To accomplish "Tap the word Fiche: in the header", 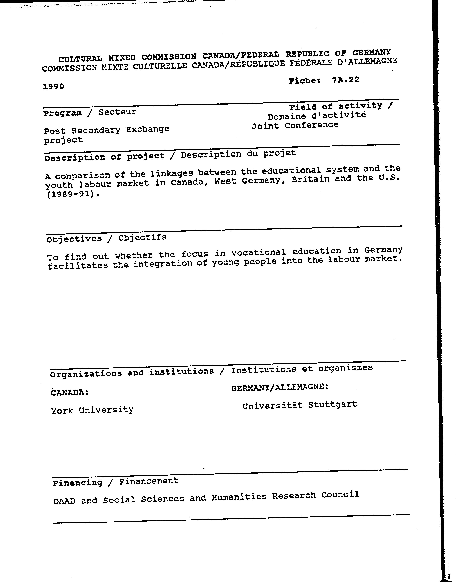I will [x=304, y=81].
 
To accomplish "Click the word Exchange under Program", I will [x=148, y=129].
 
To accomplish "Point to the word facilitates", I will [x=78, y=266].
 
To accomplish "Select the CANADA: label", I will [x=70, y=392].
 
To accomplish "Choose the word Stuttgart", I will [x=333, y=405].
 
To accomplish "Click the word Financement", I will [x=149, y=481].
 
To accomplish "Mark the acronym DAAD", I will [x=64, y=501].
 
